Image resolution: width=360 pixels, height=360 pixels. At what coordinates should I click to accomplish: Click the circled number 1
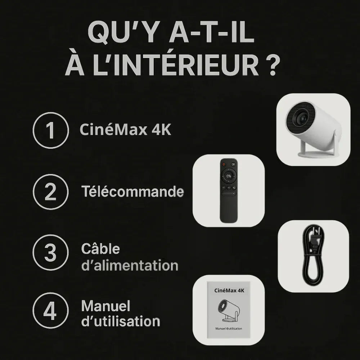[50, 130]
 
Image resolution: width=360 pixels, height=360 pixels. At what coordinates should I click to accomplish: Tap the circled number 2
[50, 192]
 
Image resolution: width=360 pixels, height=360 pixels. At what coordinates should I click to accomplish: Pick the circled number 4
[50, 311]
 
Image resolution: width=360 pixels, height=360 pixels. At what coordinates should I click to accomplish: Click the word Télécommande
[132, 192]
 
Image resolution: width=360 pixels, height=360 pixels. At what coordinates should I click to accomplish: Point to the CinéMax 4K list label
[125, 130]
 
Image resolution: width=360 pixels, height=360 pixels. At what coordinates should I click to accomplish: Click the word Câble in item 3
[100, 249]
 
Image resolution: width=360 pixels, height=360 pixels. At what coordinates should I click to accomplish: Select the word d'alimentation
[130, 266]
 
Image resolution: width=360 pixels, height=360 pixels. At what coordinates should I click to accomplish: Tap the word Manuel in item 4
[106, 306]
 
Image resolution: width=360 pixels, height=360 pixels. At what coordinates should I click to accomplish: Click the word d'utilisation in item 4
[121, 321]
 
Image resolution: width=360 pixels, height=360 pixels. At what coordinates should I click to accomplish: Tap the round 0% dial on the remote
[229, 176]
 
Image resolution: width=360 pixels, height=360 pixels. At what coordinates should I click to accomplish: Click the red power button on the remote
[224, 165]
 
